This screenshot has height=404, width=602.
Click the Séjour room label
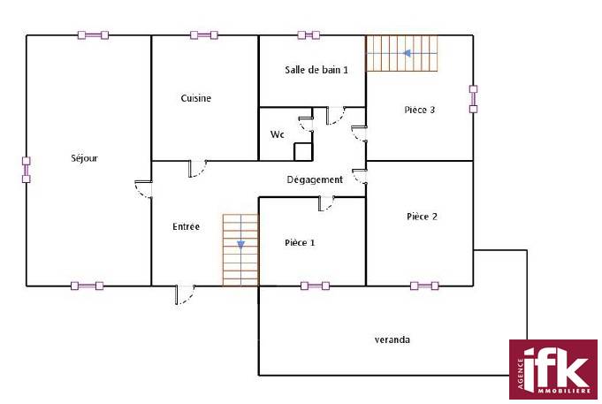(85, 158)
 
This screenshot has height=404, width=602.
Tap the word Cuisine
(196, 98)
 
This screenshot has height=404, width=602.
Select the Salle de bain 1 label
(316, 70)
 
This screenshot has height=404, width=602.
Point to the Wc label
(278, 134)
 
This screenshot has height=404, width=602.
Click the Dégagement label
(315, 179)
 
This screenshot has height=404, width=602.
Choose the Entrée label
(187, 226)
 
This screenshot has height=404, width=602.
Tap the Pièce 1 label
(300, 243)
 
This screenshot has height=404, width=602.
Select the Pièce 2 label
(422, 217)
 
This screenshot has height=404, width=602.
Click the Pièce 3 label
(420, 110)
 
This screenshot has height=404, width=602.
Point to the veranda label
(392, 339)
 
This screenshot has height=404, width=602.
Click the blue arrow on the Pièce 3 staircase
(407, 53)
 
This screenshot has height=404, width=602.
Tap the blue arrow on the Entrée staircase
(240, 245)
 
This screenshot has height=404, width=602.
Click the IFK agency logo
(553, 370)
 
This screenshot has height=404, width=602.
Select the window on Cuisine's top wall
(204, 35)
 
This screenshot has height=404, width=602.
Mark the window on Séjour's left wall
(27, 170)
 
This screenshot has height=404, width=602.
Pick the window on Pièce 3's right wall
(474, 99)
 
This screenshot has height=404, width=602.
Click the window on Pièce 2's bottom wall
(424, 286)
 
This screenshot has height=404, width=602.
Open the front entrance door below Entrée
(185, 294)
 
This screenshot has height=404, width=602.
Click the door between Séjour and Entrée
(144, 189)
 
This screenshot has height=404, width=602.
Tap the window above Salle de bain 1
(309, 35)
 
